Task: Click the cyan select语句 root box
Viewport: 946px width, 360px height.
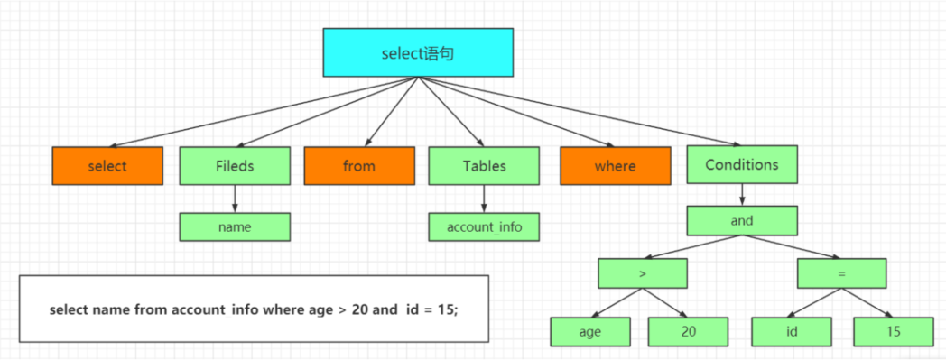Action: click(418, 52)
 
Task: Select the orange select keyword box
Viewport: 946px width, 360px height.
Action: click(107, 166)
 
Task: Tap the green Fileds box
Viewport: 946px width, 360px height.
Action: click(235, 166)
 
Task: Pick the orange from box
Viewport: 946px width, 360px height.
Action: click(359, 166)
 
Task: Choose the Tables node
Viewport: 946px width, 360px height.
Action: click(484, 166)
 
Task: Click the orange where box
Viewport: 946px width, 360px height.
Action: click(616, 166)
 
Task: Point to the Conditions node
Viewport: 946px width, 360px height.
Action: click(742, 164)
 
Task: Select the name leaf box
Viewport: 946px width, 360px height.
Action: click(235, 227)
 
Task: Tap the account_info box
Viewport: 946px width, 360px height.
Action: click(484, 227)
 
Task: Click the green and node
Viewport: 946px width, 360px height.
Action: click(742, 221)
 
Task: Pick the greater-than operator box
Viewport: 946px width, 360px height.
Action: click(643, 273)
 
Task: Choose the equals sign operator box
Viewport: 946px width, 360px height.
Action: click(842, 273)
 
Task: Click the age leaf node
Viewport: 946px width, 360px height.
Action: click(590, 331)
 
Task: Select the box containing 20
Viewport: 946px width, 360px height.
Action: click(689, 331)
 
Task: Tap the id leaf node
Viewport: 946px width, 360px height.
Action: click(793, 331)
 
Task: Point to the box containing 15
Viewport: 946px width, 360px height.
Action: click(895, 331)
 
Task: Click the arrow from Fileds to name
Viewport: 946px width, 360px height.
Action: click(235, 198)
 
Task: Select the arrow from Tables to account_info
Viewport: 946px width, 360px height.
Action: click(484, 198)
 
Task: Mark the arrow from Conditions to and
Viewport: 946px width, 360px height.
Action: click(742, 195)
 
